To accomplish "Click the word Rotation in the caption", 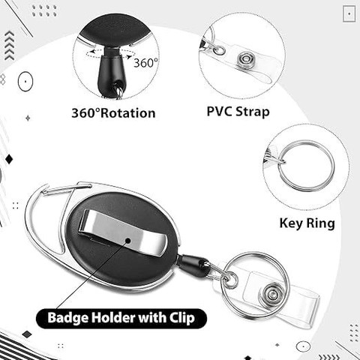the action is [128, 113].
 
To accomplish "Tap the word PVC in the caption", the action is [219, 111].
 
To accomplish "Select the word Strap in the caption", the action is [253, 112].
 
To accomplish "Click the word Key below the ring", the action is [291, 223].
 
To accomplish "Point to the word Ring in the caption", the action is [321, 223].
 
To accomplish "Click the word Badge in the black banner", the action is [67, 318].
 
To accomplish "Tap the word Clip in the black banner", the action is [182, 318].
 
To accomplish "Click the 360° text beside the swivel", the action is [145, 63].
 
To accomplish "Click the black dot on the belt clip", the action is [128, 241].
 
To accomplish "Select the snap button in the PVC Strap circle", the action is [245, 60].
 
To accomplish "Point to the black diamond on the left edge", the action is [9, 159].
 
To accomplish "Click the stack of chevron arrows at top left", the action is [10, 45].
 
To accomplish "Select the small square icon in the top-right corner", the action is [349, 13].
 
